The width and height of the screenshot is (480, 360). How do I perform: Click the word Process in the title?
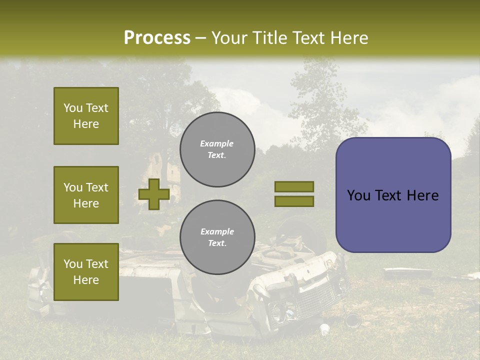(157, 38)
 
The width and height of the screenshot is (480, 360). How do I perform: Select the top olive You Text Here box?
(86, 116)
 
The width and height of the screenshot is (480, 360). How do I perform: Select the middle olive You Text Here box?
(86, 195)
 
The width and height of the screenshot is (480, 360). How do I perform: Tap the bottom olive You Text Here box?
(86, 271)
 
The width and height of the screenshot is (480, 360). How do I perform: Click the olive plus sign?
(154, 194)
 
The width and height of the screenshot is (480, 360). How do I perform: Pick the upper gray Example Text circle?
(217, 149)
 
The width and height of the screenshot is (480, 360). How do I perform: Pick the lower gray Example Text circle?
(217, 237)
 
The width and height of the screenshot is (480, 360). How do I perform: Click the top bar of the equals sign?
(294, 186)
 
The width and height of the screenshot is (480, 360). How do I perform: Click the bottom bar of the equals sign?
(294, 201)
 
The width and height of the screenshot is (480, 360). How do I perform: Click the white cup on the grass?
(324, 329)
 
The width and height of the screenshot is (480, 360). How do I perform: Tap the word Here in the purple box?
(422, 195)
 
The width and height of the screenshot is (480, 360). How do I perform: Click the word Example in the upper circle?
(216, 143)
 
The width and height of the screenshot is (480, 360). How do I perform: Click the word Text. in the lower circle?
(217, 243)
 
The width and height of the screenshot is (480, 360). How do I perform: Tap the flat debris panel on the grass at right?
(407, 273)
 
